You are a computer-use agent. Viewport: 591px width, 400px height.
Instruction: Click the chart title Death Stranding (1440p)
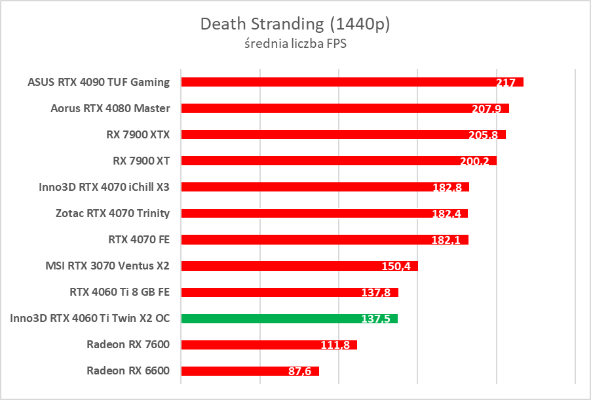coord(295,24)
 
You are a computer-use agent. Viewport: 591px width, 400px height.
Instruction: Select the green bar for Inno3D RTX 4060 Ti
coord(289,319)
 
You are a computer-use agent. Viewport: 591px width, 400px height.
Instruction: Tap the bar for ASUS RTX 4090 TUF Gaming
coord(352,82)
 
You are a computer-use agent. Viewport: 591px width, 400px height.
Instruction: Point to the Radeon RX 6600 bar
coord(250,371)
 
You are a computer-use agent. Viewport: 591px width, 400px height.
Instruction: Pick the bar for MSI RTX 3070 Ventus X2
coord(299,266)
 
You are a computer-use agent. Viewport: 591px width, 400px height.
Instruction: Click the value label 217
coord(506,83)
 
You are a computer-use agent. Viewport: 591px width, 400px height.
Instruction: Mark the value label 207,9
coord(486,109)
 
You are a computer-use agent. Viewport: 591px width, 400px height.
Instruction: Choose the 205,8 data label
coord(484,135)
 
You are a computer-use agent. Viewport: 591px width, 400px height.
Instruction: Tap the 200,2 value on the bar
coord(475,161)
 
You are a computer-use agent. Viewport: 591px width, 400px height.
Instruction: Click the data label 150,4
coord(396,266)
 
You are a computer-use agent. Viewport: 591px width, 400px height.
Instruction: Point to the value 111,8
coord(335,345)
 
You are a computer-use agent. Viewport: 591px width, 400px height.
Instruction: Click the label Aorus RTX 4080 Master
coord(110,108)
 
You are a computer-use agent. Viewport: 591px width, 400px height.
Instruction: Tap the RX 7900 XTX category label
coord(138,134)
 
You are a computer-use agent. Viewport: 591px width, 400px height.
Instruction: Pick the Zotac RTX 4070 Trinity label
coord(113,213)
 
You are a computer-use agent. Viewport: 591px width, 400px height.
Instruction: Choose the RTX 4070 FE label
coord(139,239)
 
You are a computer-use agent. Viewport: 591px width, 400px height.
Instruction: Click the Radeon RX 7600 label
coord(128,344)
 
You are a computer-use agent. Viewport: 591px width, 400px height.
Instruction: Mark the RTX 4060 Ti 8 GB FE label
coord(119,292)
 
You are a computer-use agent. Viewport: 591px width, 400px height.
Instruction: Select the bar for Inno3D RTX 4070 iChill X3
coord(325,187)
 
